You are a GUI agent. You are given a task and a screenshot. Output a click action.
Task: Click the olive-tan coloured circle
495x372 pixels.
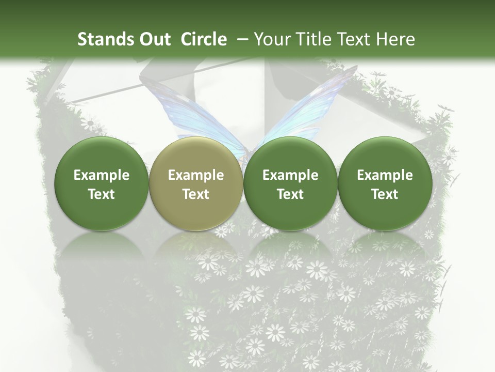(x=196, y=183)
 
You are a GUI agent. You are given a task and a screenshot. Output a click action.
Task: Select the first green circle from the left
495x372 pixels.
(x=102, y=183)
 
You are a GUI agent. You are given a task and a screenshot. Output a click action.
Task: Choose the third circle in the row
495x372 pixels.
(x=290, y=183)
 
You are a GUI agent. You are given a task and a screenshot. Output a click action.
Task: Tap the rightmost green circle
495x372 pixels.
(x=385, y=183)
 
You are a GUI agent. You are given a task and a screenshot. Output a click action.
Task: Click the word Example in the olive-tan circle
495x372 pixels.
(x=196, y=175)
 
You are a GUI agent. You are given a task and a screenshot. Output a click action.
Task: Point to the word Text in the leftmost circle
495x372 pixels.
(x=102, y=194)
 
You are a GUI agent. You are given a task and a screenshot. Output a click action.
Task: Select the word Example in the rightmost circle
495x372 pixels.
(x=385, y=175)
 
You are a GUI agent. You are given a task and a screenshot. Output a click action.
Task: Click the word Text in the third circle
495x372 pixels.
(x=290, y=194)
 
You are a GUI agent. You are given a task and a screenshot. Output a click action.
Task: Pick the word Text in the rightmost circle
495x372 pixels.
(x=385, y=194)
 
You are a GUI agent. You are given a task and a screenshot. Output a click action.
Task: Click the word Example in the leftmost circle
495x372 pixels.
(x=102, y=175)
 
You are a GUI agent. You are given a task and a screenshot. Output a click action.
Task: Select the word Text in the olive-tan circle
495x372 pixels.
(x=196, y=194)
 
